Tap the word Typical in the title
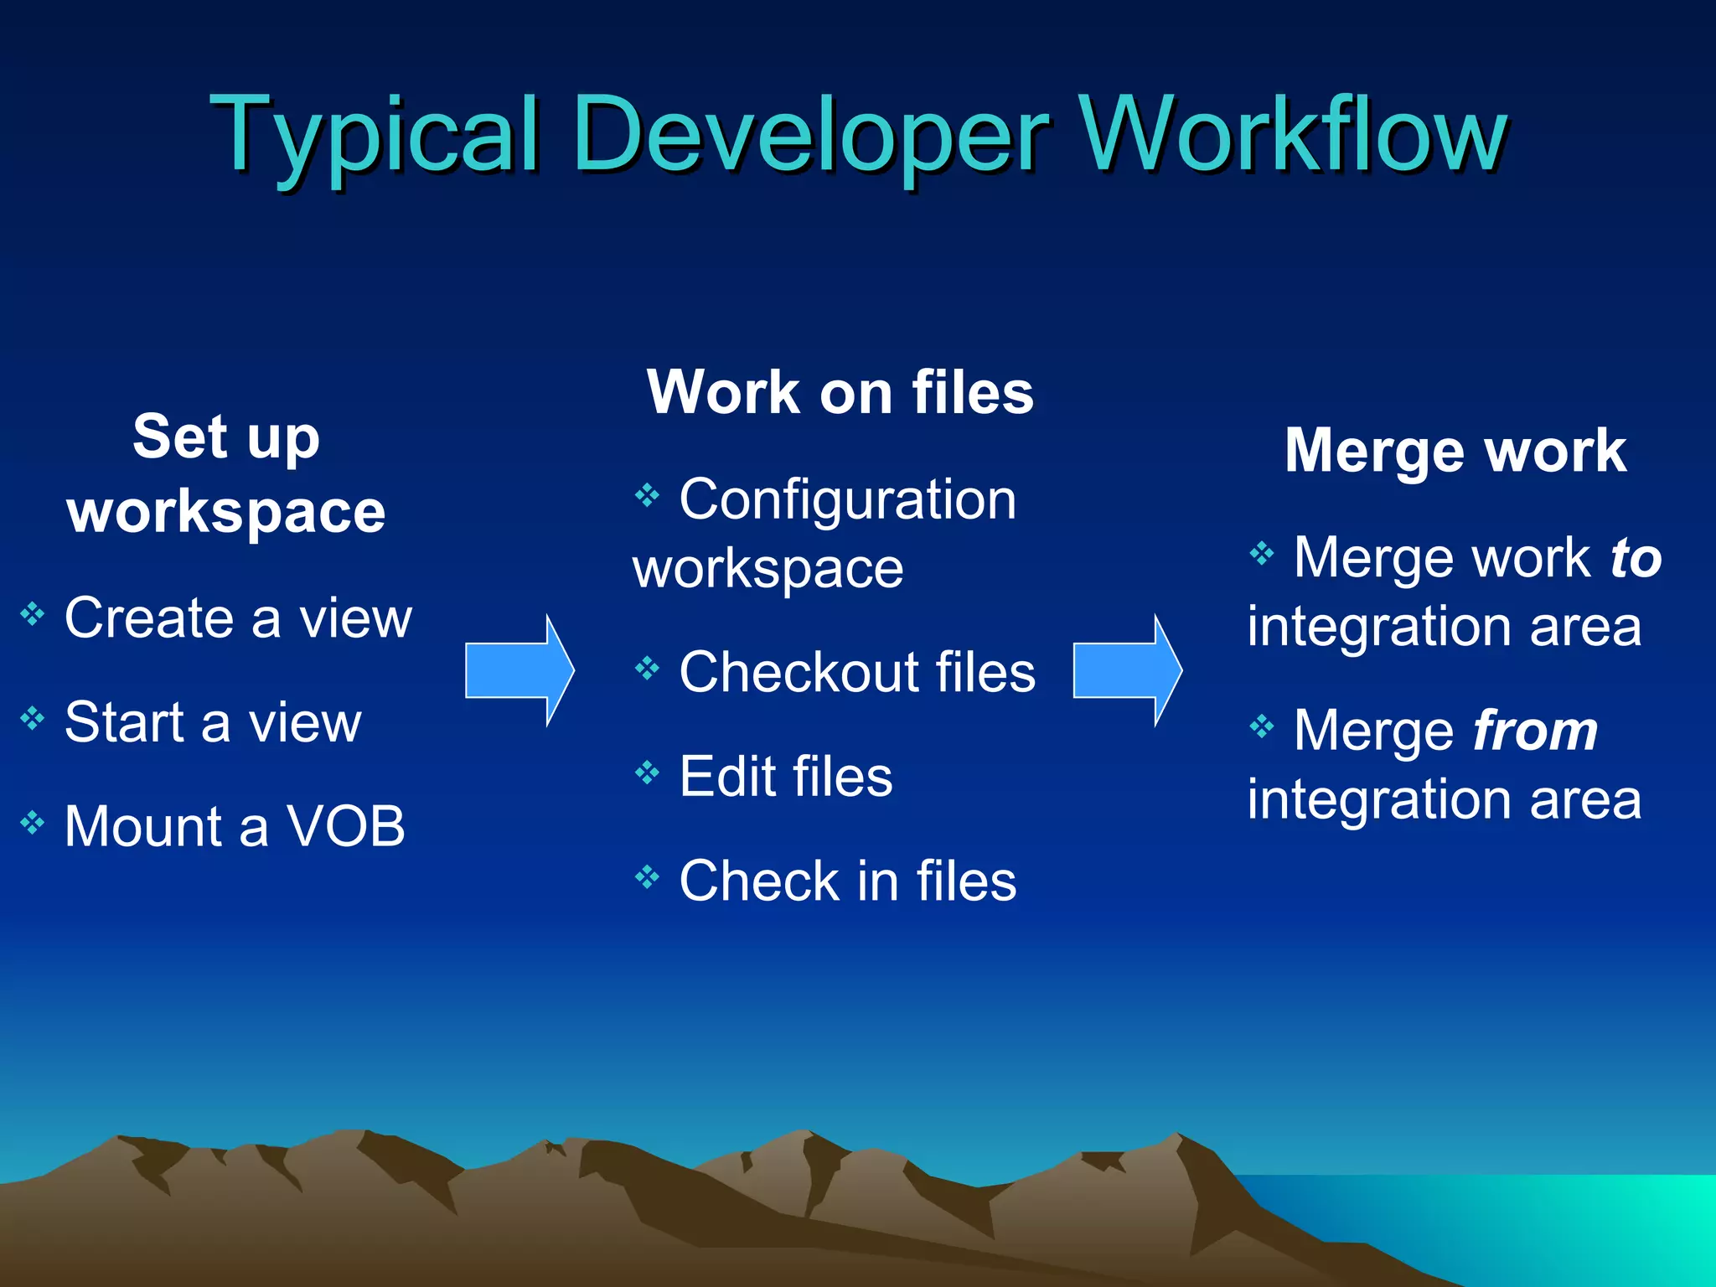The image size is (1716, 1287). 374,134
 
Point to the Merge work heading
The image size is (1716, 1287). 1455,451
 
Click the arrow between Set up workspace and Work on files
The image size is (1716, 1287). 519,670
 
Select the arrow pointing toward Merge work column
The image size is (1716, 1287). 1128,670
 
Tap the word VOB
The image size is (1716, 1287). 346,826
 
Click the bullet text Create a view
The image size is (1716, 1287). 238,618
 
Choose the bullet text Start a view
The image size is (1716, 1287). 213,722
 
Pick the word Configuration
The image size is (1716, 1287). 847,499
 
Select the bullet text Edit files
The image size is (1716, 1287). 786,776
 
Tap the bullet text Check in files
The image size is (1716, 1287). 847,881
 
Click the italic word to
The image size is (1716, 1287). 1636,558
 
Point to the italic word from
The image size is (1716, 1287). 1535,731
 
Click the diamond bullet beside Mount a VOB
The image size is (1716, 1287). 33,823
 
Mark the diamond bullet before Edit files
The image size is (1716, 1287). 647,772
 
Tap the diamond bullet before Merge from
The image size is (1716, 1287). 1261,726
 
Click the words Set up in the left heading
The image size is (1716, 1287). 226,437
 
